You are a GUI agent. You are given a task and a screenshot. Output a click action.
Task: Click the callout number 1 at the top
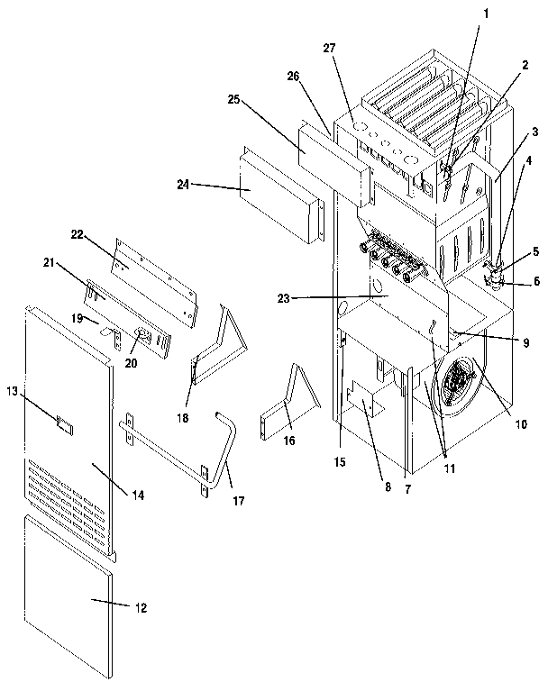488,14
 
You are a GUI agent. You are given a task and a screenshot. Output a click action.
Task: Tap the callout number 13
13,390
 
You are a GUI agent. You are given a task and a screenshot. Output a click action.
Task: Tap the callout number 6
537,281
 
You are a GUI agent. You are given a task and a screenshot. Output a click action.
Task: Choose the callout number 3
534,132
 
